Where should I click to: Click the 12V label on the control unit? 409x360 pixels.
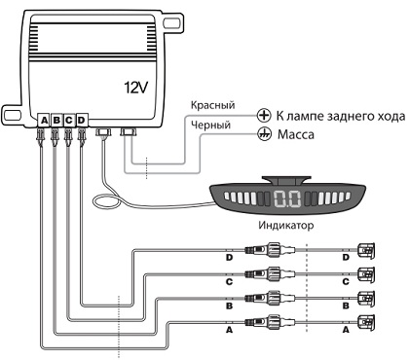(x=136, y=87)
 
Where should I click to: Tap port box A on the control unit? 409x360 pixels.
(x=44, y=121)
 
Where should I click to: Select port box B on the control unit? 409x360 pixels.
(x=56, y=121)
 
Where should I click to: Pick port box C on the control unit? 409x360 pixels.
(x=68, y=121)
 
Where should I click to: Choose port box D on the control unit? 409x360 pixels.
(x=82, y=121)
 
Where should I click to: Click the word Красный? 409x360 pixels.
(x=212, y=105)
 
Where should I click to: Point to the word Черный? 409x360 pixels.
(x=210, y=125)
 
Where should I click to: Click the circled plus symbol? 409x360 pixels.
(x=264, y=115)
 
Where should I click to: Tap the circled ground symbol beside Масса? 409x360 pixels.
(x=264, y=134)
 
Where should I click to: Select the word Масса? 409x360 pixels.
(x=296, y=134)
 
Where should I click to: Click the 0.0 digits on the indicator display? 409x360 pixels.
(x=287, y=198)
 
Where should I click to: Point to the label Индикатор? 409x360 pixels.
(x=286, y=225)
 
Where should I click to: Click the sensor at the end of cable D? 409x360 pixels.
(x=366, y=251)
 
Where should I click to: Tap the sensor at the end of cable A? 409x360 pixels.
(x=366, y=323)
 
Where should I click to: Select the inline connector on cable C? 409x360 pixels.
(x=270, y=274)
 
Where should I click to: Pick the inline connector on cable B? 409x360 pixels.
(x=270, y=299)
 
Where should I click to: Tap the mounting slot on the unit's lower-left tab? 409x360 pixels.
(x=12, y=114)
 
